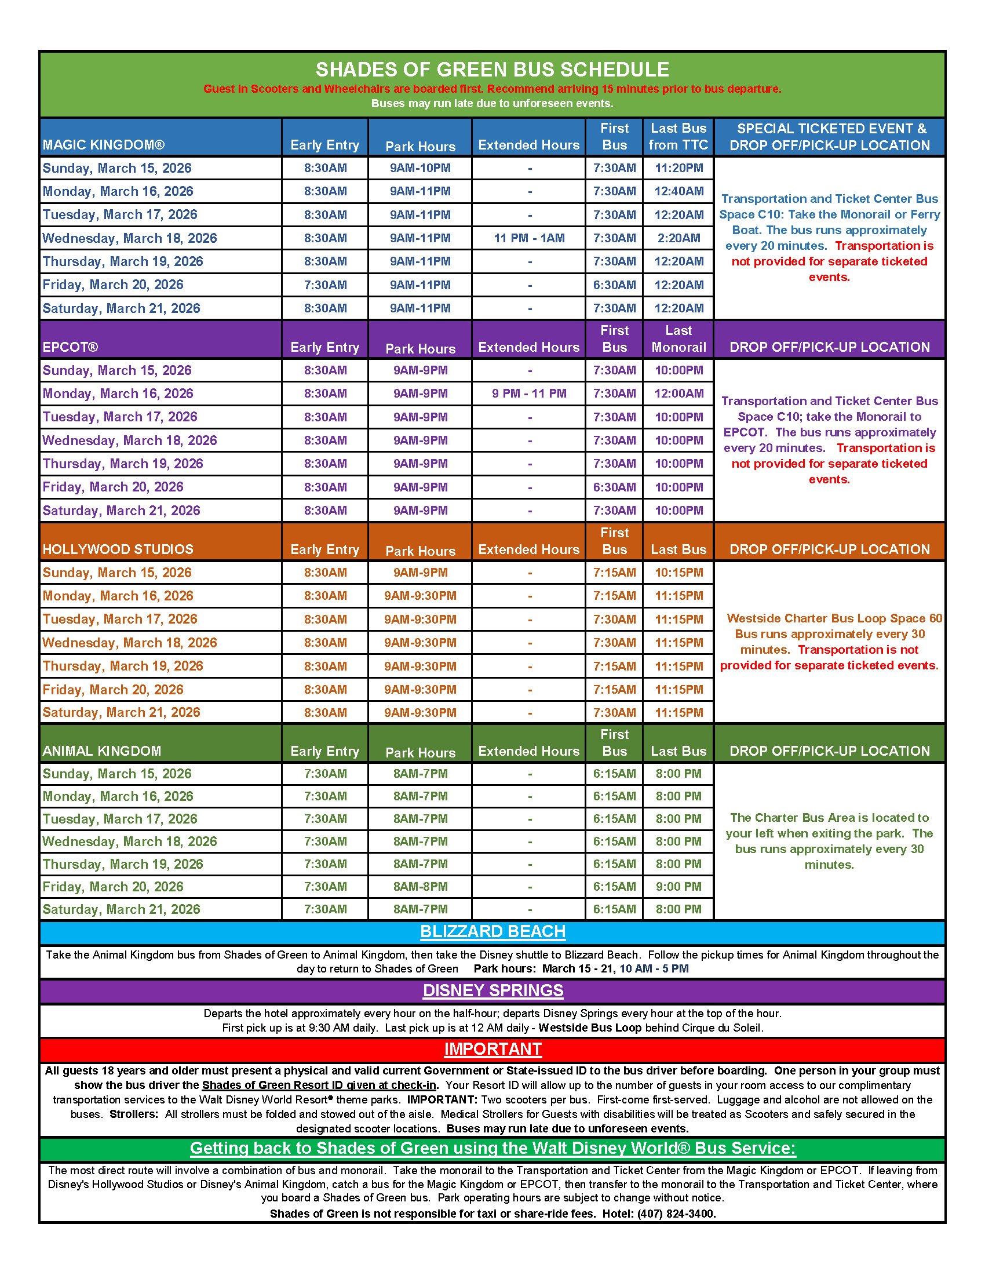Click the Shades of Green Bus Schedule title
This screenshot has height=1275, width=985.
click(x=492, y=70)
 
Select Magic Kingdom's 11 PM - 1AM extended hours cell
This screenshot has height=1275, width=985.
click(x=528, y=238)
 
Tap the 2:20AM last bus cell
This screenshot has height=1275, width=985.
click(x=678, y=238)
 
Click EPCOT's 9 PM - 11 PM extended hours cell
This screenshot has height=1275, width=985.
click(x=528, y=394)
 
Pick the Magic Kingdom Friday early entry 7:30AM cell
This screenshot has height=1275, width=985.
click(x=325, y=285)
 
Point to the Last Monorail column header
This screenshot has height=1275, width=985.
click(x=678, y=339)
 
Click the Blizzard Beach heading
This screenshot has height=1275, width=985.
click(x=493, y=932)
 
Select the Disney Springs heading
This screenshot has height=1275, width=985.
click(x=493, y=990)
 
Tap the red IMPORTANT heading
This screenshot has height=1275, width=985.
click(x=493, y=1049)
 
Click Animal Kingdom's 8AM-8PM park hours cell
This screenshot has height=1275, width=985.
click(x=420, y=887)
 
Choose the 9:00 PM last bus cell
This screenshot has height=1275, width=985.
click(x=678, y=887)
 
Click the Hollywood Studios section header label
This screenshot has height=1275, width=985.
click(x=118, y=549)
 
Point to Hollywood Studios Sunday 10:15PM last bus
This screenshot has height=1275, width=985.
click(x=678, y=573)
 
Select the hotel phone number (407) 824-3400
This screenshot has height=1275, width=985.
click(x=674, y=1214)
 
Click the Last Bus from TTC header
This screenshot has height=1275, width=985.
click(x=678, y=137)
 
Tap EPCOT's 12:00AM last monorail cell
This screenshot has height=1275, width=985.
click(x=678, y=394)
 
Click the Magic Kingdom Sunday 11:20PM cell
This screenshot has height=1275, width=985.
click(x=678, y=168)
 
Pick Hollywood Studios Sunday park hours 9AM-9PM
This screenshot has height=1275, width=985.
click(x=420, y=573)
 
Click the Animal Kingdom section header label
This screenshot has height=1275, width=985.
click(x=101, y=751)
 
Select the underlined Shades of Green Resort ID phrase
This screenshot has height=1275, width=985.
click(x=319, y=1085)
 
